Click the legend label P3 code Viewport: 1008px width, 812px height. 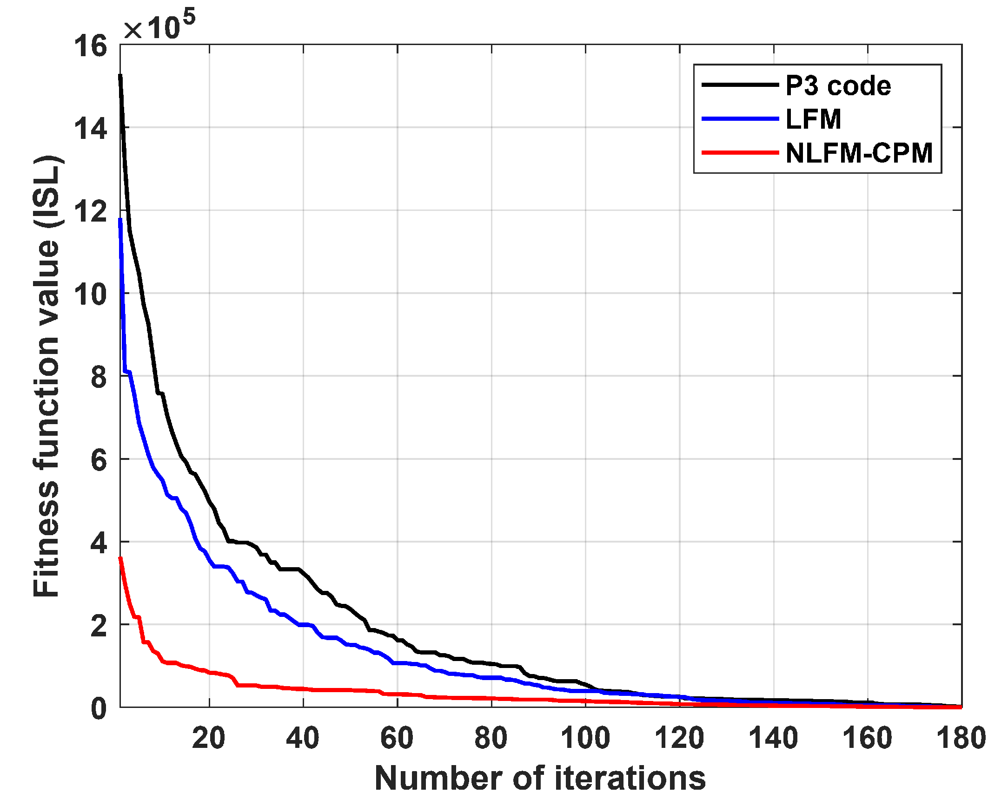837,86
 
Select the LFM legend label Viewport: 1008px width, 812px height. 813,119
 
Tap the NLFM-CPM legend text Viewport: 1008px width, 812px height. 859,153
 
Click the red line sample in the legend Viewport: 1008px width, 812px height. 740,152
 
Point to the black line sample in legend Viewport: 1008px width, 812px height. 740,85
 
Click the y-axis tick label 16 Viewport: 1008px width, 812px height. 90,47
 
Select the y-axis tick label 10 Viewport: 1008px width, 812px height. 90,295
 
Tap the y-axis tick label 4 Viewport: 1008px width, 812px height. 99,544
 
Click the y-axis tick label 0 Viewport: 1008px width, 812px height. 99,708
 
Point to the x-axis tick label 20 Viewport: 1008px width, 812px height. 209,739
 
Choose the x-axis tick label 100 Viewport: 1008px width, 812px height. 585,739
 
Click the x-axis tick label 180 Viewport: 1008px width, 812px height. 961,739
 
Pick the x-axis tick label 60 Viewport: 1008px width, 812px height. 397,739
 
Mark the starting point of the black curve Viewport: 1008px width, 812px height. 120,75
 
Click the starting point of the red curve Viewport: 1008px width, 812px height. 120,558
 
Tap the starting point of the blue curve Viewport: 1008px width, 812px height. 120,219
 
